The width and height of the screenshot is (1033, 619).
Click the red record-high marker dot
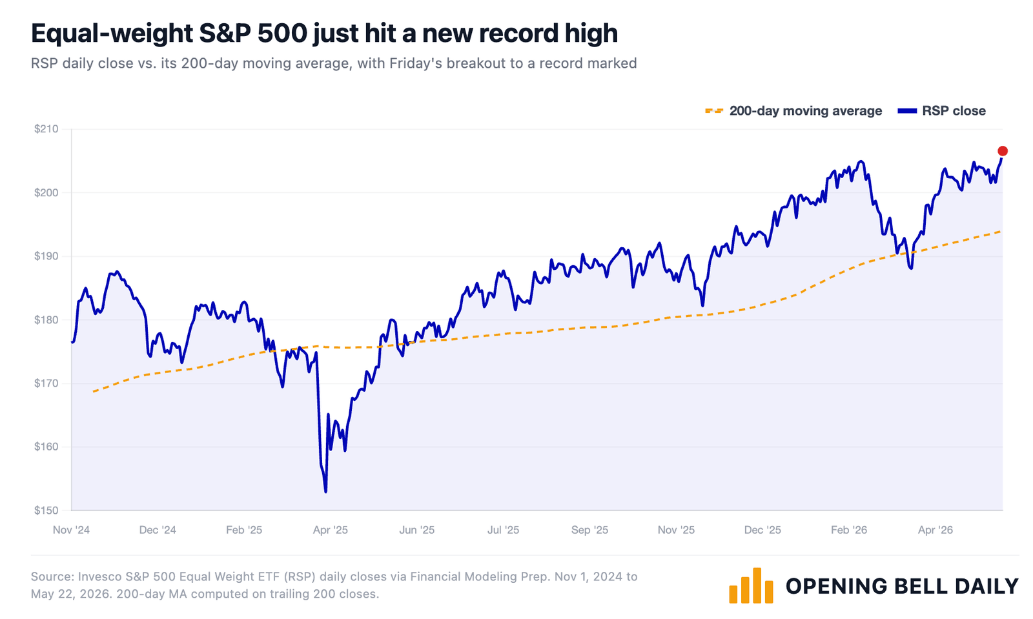point(1002,151)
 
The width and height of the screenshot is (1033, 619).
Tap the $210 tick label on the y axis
point(46,129)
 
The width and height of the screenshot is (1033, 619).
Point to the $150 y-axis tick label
point(46,510)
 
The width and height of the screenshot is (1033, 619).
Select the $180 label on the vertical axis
point(46,320)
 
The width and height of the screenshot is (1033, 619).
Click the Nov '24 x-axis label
point(71,530)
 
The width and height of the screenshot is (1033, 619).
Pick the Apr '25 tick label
point(330,530)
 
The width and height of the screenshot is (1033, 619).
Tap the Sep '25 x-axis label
point(589,530)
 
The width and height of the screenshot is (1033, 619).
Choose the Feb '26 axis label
point(849,530)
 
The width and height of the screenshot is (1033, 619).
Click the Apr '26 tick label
point(936,530)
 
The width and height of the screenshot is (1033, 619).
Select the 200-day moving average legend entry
point(793,111)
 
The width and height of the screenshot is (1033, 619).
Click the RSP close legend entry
point(942,111)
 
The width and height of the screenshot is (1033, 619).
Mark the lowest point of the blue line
point(325,492)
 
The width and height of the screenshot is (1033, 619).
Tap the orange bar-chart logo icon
point(751,585)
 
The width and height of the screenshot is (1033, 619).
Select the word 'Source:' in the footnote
point(52,576)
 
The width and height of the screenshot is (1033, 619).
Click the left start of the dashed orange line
point(93,392)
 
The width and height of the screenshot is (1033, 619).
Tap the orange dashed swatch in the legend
point(714,111)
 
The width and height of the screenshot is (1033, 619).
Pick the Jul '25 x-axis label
point(503,530)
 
